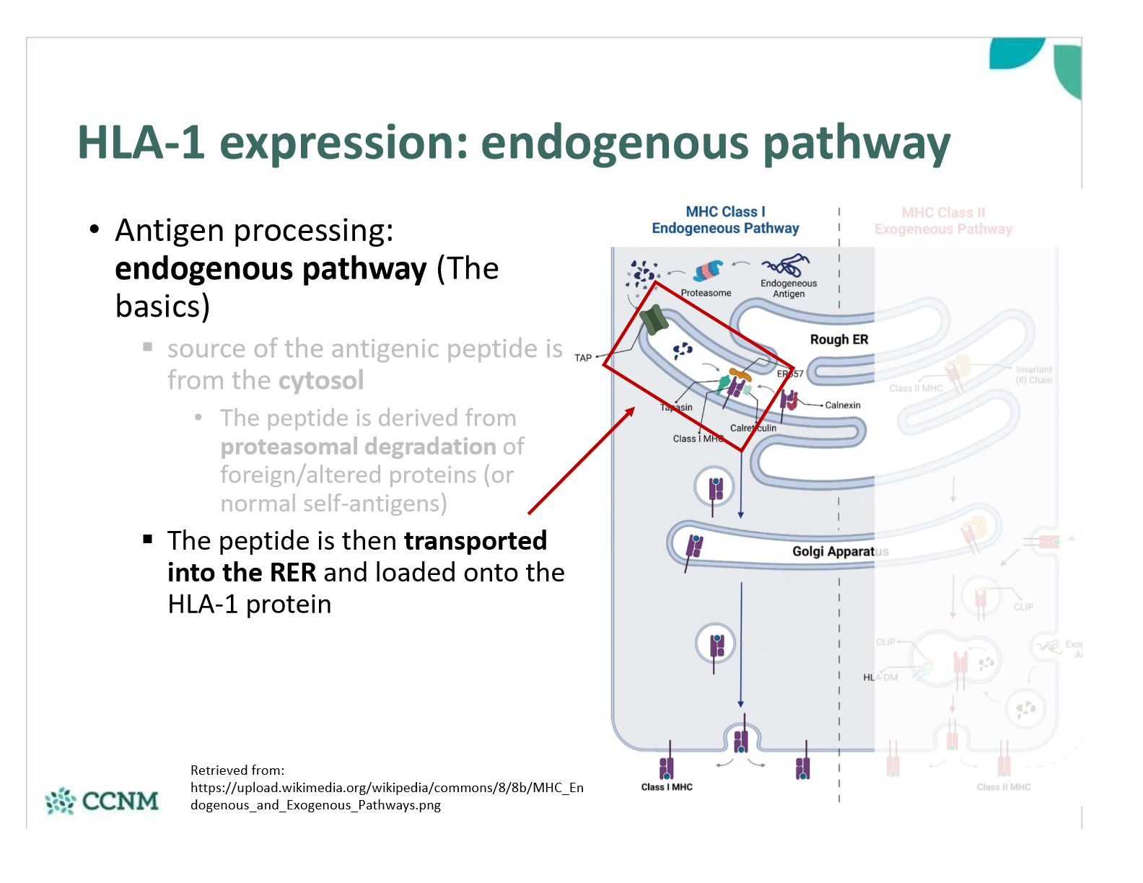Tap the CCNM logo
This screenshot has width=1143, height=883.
(x=102, y=801)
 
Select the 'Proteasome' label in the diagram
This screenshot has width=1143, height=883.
(x=706, y=293)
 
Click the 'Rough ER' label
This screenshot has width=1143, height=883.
(x=838, y=340)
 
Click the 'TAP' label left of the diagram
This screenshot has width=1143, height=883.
(x=583, y=358)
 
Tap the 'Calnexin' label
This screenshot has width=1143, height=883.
(x=842, y=405)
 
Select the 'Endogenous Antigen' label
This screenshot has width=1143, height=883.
(x=788, y=289)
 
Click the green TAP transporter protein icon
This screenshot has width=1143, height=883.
(x=654, y=320)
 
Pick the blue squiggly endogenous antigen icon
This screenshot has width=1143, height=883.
(x=786, y=265)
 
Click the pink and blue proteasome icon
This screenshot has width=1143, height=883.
(x=708, y=271)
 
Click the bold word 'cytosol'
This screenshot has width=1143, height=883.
(x=320, y=380)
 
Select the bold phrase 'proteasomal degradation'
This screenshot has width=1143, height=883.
(x=358, y=447)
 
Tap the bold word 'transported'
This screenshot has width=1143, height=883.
(x=475, y=540)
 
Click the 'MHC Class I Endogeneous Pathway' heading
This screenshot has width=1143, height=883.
(x=725, y=220)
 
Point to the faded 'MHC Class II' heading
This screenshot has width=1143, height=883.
(x=942, y=213)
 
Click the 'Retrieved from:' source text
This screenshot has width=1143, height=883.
(x=237, y=770)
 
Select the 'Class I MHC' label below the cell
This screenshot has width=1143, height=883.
(x=666, y=787)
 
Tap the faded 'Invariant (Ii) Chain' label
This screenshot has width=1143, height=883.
(x=1033, y=374)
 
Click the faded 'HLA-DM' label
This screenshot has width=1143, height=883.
(x=880, y=677)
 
